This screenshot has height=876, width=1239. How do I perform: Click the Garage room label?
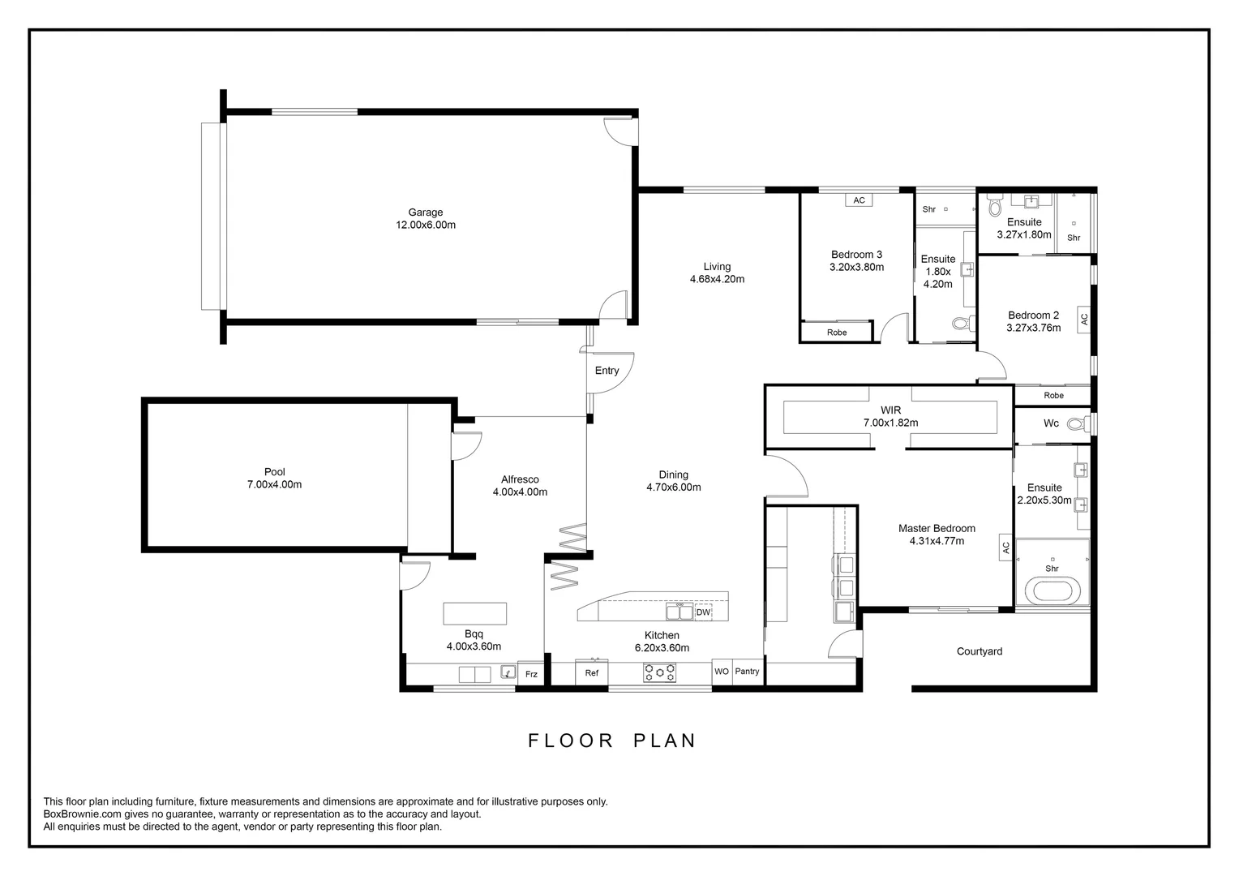[x=425, y=213]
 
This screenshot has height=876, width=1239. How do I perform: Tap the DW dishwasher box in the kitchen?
[x=703, y=612]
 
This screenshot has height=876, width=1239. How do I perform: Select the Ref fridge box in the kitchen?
[x=592, y=673]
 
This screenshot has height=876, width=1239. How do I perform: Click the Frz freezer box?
[x=531, y=674]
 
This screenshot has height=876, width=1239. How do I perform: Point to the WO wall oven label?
[x=722, y=672]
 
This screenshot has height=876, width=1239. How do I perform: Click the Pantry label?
[x=748, y=672]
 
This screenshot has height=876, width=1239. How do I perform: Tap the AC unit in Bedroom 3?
[x=859, y=200]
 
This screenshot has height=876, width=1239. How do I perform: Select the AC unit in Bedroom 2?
[x=1084, y=320]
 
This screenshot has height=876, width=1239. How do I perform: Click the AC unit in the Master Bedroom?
[x=1006, y=548]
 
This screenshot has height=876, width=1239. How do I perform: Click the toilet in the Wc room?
[x=1076, y=423]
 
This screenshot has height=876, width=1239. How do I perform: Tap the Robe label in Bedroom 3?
[x=837, y=333]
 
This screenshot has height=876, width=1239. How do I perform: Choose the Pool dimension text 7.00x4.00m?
[x=274, y=485]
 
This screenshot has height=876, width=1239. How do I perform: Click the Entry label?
[x=607, y=371]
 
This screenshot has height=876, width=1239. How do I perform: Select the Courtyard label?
[x=979, y=651]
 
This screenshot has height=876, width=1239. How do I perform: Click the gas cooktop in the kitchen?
[x=659, y=672]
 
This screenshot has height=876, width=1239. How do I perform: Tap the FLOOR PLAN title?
[x=612, y=741]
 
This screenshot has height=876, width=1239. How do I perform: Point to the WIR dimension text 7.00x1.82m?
[x=890, y=423]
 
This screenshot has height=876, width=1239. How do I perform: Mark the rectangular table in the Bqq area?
[x=474, y=613]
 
